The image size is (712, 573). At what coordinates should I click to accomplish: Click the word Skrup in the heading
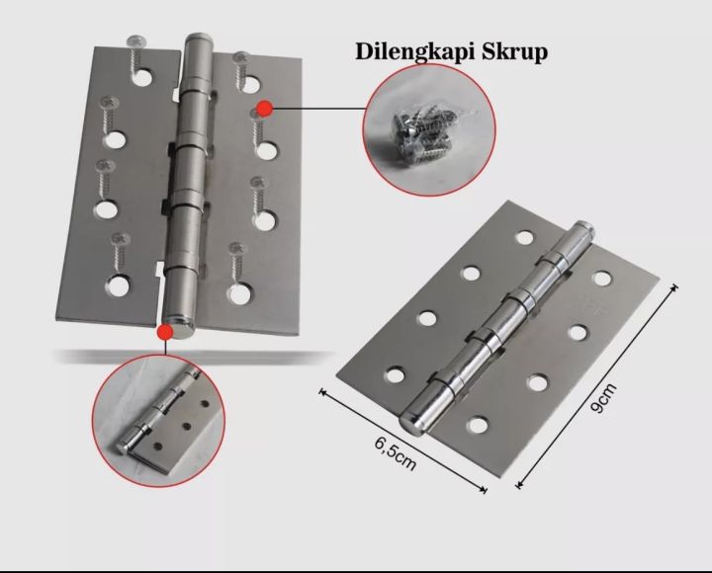(513, 51)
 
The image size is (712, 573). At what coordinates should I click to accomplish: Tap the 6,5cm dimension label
(396, 450)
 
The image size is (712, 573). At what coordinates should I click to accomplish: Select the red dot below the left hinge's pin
(165, 334)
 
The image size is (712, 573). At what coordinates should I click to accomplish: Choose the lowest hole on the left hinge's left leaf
(119, 284)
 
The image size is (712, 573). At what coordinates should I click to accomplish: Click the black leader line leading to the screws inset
(316, 107)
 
